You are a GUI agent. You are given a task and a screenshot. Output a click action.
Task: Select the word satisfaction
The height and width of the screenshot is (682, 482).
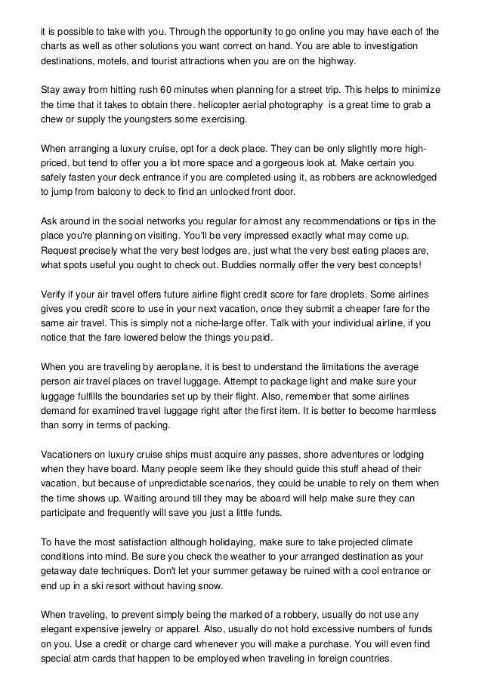[123, 543]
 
